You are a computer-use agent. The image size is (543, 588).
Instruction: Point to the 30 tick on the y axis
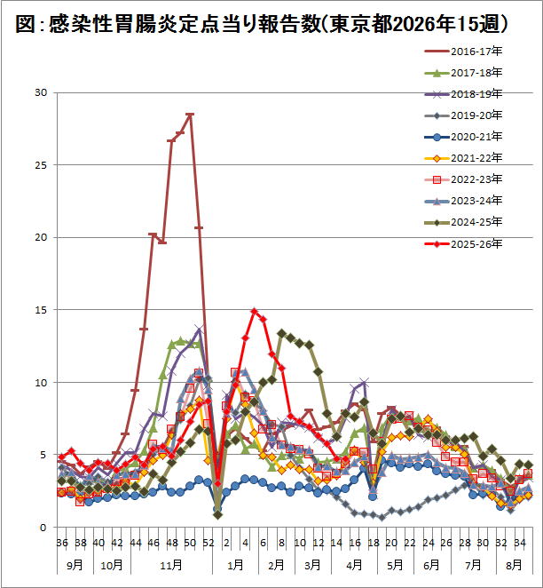pos(39,92)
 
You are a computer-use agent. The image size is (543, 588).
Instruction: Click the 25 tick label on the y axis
pos(39,165)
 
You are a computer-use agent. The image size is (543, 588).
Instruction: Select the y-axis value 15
pos(39,310)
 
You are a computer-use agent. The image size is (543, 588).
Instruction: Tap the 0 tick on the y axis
pos(43,528)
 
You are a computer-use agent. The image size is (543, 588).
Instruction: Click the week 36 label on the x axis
pos(61,542)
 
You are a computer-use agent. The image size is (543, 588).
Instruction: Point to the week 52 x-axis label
pos(209,542)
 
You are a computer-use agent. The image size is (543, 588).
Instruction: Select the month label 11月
pos(171,564)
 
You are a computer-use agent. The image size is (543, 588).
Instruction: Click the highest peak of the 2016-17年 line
pos(190,115)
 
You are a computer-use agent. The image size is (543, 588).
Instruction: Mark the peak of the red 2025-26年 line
pos(255,311)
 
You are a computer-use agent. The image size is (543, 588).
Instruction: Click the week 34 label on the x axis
pos(520,542)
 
